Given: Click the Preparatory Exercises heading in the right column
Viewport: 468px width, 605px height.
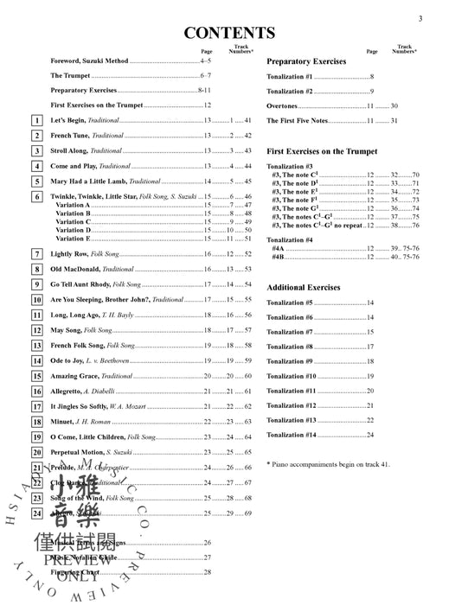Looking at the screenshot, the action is point(306,62).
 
